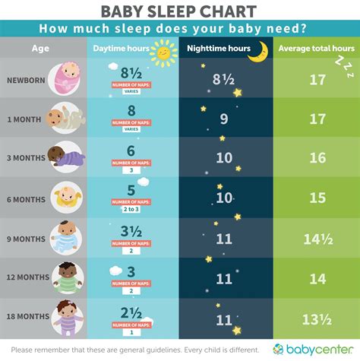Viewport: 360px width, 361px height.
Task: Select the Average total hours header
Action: tap(316, 48)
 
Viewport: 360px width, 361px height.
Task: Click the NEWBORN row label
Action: tap(24, 80)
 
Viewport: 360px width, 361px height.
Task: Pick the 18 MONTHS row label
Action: tap(24, 315)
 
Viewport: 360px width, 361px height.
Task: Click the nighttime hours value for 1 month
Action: tap(223, 119)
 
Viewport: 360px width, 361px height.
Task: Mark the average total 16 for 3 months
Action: tap(317, 157)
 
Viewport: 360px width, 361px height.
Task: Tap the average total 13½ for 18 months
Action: tap(317, 315)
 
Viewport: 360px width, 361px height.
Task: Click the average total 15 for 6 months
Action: tap(317, 197)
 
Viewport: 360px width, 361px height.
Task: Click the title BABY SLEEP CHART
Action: tap(179, 11)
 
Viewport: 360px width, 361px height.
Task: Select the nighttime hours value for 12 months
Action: tap(223, 277)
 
